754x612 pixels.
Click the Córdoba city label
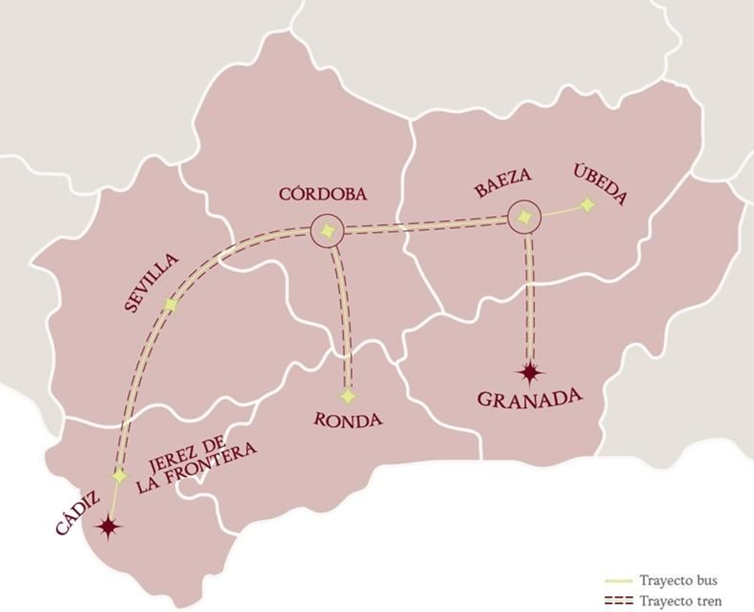(322, 194)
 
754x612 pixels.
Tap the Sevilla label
(151, 282)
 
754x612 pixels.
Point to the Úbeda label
(601, 184)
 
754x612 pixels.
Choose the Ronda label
(348, 420)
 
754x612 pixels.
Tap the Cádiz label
(78, 512)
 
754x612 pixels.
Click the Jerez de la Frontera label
(196, 464)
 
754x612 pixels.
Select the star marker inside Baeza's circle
(524, 217)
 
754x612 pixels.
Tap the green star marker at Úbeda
(588, 205)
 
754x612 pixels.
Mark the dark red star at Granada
(531, 373)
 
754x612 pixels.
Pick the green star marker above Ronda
(348, 396)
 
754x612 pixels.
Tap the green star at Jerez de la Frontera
(120, 476)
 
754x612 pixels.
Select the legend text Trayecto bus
(678, 580)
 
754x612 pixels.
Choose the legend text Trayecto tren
(680, 601)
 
